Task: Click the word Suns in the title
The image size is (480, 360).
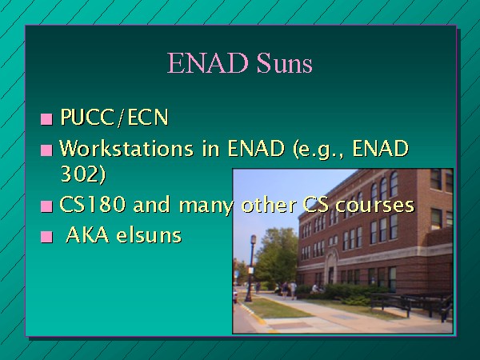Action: tap(284, 62)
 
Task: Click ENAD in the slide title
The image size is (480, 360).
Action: tap(207, 62)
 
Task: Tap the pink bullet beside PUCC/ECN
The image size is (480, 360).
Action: tap(46, 119)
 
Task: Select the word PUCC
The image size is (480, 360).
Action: tap(87, 117)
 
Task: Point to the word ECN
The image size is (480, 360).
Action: tap(148, 117)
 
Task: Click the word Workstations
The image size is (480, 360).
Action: tap(126, 148)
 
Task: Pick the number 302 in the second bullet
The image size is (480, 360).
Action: tap(80, 174)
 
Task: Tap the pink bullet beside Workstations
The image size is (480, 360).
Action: tap(46, 150)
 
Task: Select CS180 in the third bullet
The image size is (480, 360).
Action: tap(93, 204)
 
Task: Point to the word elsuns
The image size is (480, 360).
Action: tap(149, 235)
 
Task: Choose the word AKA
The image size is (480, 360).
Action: tap(87, 235)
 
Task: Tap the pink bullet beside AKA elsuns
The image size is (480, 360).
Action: tap(46, 237)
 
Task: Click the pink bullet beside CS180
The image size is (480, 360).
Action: tap(46, 206)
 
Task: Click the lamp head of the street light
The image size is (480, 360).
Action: tap(253, 239)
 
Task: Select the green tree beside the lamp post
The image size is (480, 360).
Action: tap(275, 256)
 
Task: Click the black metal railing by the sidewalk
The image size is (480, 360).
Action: tap(412, 305)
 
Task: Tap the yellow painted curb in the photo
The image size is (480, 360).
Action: tap(254, 314)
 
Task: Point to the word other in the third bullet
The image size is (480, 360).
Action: tap(268, 204)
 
